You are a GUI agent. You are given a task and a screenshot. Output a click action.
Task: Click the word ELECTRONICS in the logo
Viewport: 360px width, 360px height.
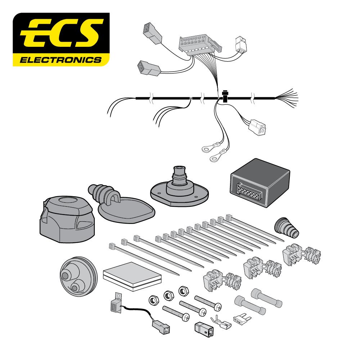tap(60, 60)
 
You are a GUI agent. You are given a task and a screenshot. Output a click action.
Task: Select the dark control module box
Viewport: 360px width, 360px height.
tap(260, 183)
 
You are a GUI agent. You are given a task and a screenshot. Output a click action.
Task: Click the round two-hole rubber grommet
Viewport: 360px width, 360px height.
tap(78, 276)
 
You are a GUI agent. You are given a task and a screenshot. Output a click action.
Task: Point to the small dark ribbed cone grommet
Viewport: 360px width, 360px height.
tap(287, 228)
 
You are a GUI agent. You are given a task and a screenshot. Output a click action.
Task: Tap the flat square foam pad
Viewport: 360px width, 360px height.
tap(132, 276)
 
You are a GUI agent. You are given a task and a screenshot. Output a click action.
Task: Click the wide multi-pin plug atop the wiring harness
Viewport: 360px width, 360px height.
tap(200, 45)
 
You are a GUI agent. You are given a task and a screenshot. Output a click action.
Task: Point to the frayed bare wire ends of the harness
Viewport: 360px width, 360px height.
tap(287, 98)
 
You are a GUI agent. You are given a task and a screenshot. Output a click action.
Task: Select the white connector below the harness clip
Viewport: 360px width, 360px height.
tap(257, 128)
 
